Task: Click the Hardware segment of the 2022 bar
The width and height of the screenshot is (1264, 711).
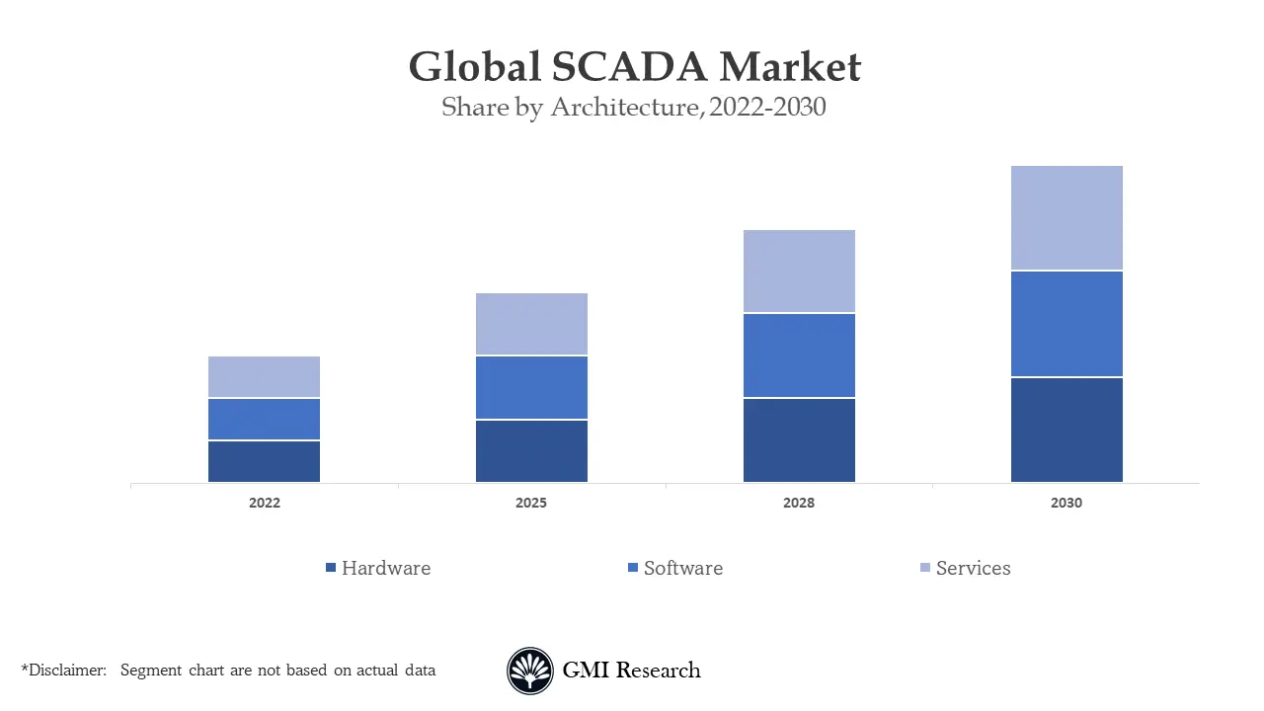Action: (x=264, y=461)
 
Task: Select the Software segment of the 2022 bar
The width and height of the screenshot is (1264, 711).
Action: (x=264, y=420)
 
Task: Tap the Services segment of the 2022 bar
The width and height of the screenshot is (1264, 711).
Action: (x=264, y=377)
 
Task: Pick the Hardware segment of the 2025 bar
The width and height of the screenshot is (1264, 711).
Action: (x=531, y=451)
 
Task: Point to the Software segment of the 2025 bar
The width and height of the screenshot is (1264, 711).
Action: (x=531, y=388)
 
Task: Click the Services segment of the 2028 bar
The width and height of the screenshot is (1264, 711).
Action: (x=799, y=272)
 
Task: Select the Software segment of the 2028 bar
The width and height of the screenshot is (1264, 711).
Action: (x=799, y=355)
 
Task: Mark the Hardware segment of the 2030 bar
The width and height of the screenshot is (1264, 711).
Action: (x=1066, y=430)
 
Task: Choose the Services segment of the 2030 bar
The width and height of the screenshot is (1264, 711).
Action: (x=1066, y=218)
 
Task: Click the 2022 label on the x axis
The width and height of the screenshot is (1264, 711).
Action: (x=264, y=503)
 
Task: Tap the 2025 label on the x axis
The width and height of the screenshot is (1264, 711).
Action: (x=531, y=503)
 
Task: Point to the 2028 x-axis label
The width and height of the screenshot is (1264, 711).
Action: (x=799, y=503)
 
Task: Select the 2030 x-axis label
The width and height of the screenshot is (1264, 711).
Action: (x=1066, y=503)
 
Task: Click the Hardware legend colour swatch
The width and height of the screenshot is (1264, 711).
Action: (x=331, y=568)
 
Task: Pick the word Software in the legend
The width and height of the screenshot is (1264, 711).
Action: (x=682, y=568)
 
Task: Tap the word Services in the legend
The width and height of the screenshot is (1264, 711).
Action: (x=973, y=568)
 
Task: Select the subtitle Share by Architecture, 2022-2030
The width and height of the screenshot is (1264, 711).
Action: (x=633, y=107)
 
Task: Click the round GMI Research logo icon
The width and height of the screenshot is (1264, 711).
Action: (x=530, y=671)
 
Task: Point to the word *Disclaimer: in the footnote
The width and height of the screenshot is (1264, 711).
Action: (x=63, y=671)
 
